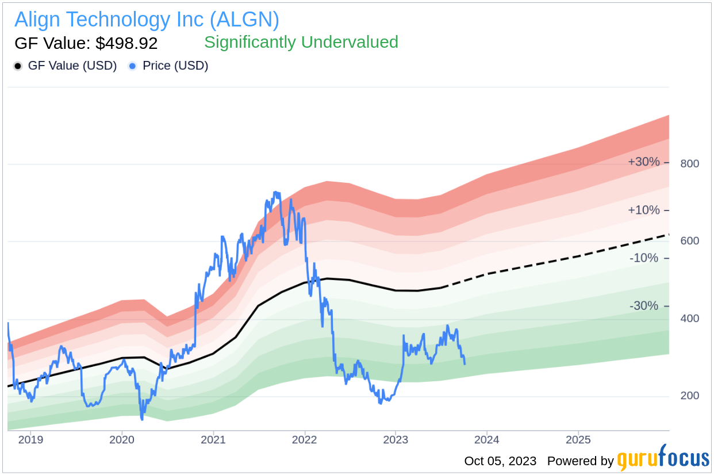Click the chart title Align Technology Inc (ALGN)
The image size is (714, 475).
click(x=147, y=20)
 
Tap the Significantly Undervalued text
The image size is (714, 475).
click(x=301, y=42)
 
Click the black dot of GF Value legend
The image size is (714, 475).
click(x=18, y=66)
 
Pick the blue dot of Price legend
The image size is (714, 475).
click(x=132, y=66)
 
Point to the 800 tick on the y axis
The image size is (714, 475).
click(x=689, y=164)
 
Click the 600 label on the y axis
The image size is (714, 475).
click(x=689, y=241)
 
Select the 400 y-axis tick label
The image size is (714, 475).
click(x=689, y=319)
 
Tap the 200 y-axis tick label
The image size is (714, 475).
click(x=689, y=396)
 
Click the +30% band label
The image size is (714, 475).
click(x=643, y=162)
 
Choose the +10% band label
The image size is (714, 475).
click(x=643, y=210)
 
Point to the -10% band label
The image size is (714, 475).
click(x=643, y=258)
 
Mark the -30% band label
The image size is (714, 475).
click(x=643, y=306)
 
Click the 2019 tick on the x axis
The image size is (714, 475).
click(x=30, y=440)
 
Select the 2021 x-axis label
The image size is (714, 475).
click(x=213, y=440)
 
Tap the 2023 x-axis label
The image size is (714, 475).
click(x=396, y=440)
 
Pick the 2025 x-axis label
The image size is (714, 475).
click(x=578, y=440)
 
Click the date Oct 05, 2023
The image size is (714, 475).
click(x=500, y=461)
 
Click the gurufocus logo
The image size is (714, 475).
click(x=663, y=459)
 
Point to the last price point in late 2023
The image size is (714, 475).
click(x=465, y=363)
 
